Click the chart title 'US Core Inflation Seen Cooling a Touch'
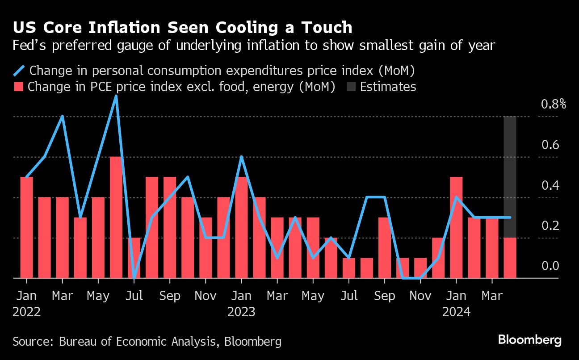tap(182, 28)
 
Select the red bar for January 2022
tap(27, 228)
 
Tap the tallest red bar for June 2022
tap(116, 218)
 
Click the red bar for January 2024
tap(456, 228)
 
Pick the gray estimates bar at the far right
tap(510, 177)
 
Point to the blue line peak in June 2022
tap(116, 96)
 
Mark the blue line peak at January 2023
tap(241, 157)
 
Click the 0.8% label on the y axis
tap(554, 105)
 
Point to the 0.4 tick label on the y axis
tap(550, 185)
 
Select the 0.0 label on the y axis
tap(550, 266)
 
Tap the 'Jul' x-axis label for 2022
tap(134, 296)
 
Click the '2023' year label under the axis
tap(241, 312)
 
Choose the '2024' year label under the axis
tap(456, 312)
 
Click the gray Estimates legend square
tap(351, 87)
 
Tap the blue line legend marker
tap(19, 71)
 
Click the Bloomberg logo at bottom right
tap(529, 340)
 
